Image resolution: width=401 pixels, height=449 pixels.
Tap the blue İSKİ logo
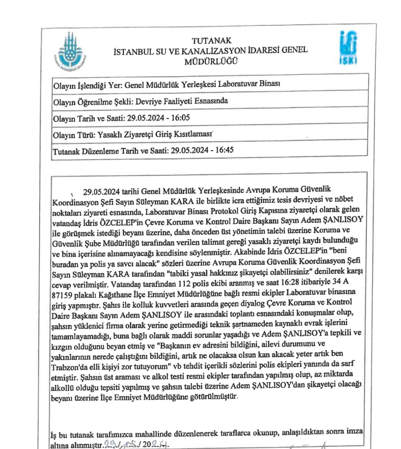(348, 48)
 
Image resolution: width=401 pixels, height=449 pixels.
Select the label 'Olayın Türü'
(74, 135)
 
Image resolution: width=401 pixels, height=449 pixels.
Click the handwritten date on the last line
(136, 444)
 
